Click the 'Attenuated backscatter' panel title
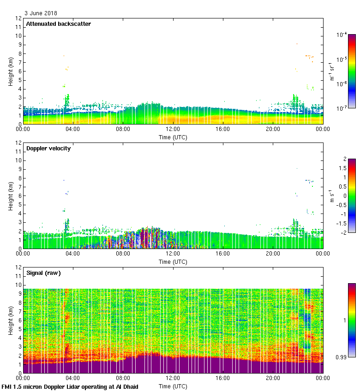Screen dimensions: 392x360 pos(58,24)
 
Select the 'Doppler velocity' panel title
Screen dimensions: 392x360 pos(48,148)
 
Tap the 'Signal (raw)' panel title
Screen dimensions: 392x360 pos(44,273)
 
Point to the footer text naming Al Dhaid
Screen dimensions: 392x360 pos(70,386)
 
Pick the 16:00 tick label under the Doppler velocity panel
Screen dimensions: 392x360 pos(222,254)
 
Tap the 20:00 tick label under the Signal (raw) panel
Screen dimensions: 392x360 pos(272,379)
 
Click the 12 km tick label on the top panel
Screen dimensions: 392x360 pos(19,18)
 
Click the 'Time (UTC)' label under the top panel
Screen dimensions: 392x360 pos(173,137)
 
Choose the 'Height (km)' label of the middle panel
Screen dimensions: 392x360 pos(11,196)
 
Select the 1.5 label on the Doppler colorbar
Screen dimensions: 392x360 pos(342,168)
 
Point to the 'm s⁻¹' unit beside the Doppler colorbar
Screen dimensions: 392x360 pos(331,196)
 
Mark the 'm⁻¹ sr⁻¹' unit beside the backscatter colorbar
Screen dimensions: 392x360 pos(331,71)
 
